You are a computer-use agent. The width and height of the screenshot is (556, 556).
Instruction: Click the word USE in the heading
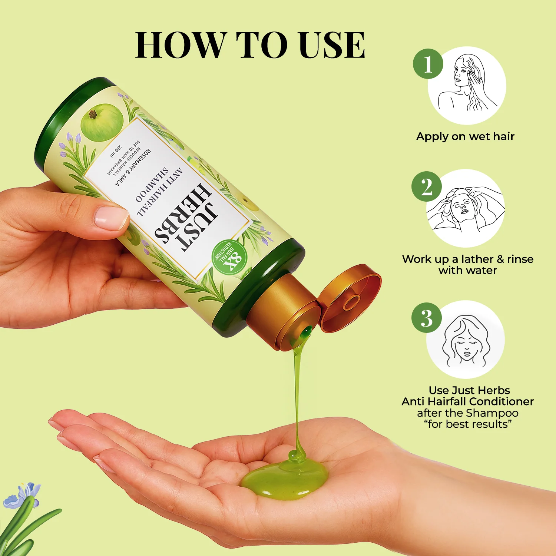coord(332,45)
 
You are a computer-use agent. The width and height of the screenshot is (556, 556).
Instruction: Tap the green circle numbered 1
coord(428,64)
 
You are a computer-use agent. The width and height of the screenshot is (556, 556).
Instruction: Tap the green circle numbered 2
coord(427,186)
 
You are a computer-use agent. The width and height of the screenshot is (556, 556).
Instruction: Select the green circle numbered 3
coord(427,318)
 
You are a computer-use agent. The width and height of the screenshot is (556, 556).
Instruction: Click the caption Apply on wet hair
coord(465,136)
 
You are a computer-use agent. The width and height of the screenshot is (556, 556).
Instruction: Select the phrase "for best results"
coord(468,424)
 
